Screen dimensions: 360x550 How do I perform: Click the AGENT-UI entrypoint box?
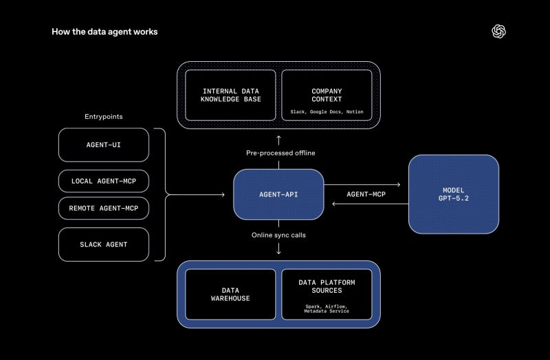click(104, 145)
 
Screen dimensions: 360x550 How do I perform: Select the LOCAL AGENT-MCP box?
click(104, 181)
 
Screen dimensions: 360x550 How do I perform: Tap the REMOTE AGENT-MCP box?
click(104, 207)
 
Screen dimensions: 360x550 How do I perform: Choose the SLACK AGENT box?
click(104, 245)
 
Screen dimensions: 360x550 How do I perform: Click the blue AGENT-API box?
click(278, 194)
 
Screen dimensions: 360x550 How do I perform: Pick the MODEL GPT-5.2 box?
click(454, 194)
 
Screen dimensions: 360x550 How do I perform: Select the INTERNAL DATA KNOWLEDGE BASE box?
click(230, 95)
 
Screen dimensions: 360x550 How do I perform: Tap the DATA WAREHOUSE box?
click(230, 294)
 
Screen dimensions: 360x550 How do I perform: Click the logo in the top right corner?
click(499, 32)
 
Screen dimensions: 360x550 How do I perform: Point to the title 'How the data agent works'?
click(104, 32)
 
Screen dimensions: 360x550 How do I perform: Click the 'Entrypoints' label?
click(104, 117)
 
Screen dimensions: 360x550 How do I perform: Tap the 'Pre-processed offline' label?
click(278, 153)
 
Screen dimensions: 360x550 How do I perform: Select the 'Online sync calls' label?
click(278, 235)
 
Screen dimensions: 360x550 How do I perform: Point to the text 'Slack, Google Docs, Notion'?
click(327, 111)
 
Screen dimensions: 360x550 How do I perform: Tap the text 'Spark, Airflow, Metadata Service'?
click(327, 308)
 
